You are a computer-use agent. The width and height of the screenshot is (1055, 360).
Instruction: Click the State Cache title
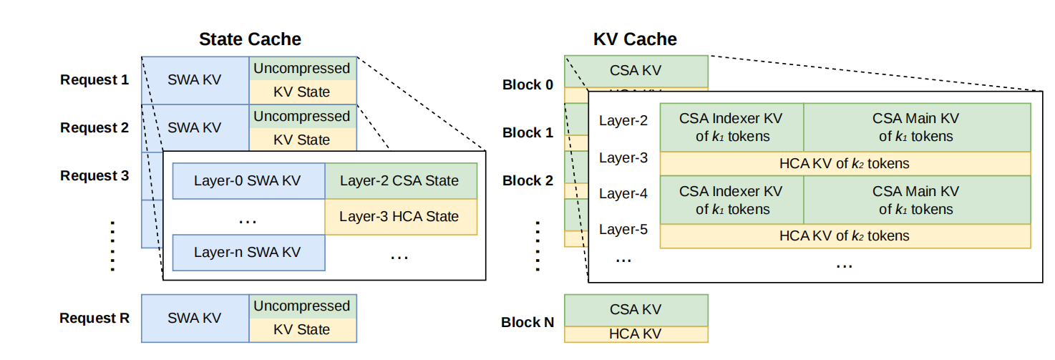pyautogui.click(x=250, y=39)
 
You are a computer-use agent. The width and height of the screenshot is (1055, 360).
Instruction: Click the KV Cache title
pyautogui.click(x=635, y=39)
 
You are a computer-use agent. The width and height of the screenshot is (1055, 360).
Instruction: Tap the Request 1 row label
pyautogui.click(x=94, y=80)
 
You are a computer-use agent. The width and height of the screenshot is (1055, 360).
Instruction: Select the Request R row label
pyautogui.click(x=94, y=318)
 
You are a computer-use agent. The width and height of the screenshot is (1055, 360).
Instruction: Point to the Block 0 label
pyautogui.click(x=527, y=85)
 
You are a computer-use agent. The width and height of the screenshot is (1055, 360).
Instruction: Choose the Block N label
pyautogui.click(x=527, y=323)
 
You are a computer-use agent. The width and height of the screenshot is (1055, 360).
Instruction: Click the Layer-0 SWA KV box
pyautogui.click(x=248, y=181)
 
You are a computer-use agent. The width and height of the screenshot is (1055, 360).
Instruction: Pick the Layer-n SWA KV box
pyautogui.click(x=248, y=253)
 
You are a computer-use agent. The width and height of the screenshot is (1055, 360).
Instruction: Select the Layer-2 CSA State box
pyautogui.click(x=400, y=181)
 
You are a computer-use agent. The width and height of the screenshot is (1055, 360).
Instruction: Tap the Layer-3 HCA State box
pyautogui.click(x=400, y=217)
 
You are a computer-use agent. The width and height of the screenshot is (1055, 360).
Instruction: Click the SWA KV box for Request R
pyautogui.click(x=195, y=318)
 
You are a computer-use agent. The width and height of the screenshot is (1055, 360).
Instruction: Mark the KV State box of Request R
pyautogui.click(x=302, y=330)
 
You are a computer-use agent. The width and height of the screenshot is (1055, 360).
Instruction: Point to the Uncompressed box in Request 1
pyautogui.click(x=302, y=69)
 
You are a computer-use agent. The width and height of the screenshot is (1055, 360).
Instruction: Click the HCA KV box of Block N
pyautogui.click(x=636, y=334)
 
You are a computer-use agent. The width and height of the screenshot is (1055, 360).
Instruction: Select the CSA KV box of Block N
pyautogui.click(x=636, y=310)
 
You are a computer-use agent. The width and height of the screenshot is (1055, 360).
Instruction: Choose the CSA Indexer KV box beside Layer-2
pyautogui.click(x=731, y=127)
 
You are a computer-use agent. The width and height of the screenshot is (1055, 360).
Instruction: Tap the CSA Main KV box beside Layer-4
pyautogui.click(x=916, y=200)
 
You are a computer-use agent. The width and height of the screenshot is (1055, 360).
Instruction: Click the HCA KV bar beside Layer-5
pyautogui.click(x=845, y=236)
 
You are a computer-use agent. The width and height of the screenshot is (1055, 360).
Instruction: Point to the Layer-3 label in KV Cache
pyautogui.click(x=623, y=157)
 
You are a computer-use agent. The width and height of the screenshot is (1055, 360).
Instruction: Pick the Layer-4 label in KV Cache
pyautogui.click(x=623, y=193)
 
